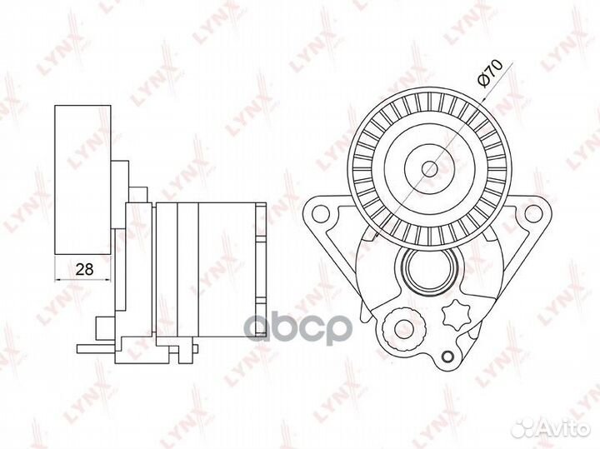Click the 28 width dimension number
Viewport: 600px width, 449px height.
84,269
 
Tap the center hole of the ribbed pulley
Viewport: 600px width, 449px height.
430,168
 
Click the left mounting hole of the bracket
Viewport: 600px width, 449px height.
321,213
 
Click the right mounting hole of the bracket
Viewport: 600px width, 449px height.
532,213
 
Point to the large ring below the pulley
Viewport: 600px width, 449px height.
432,270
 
